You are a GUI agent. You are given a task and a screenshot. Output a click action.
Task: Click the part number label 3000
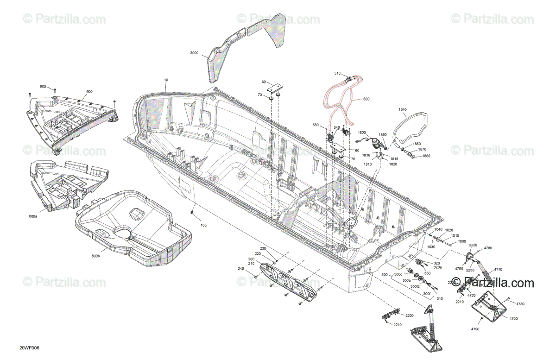point(194,53)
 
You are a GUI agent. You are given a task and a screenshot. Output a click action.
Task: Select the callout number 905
point(43,87)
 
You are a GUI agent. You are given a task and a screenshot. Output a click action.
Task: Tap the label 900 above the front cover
point(89,91)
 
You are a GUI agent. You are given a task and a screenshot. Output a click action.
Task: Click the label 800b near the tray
point(96,256)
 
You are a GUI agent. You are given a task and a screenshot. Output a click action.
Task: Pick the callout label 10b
point(203,226)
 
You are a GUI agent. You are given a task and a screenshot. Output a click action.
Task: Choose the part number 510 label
point(337,73)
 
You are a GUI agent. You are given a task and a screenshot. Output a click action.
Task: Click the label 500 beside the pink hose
point(366,99)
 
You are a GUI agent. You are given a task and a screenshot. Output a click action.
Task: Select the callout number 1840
point(403,109)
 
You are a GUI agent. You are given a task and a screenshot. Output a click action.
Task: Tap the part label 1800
point(362,133)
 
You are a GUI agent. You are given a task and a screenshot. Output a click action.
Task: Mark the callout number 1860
point(426,156)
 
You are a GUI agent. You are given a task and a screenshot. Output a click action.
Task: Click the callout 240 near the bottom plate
point(240,269)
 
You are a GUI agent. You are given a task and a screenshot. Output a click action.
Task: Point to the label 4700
point(513,319)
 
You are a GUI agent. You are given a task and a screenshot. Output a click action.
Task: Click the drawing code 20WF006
point(29,348)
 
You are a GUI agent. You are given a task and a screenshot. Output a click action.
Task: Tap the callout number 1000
point(462,241)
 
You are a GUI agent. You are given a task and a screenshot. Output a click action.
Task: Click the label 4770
point(498,269)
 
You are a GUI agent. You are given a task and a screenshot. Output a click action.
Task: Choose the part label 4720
point(471,295)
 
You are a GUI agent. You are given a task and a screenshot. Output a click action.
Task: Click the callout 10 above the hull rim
point(166,80)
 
